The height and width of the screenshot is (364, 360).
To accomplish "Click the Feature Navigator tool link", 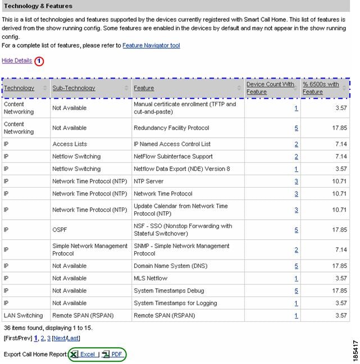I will pos(151,46).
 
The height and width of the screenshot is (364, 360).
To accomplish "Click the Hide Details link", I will pos(17,61).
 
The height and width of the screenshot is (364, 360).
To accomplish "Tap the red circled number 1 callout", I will pos(39,61).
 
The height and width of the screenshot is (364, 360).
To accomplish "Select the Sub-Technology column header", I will pos(74,88).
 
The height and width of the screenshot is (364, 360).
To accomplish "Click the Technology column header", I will pos(19,88).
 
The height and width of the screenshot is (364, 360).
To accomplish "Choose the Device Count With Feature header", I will pos(270,88).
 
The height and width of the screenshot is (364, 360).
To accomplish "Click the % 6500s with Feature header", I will pos(321,88).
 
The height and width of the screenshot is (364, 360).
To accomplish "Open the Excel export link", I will pos(87,354).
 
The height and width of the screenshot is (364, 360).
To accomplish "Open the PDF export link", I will pos(116,354).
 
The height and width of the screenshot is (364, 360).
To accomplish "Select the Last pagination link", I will pos(73,338).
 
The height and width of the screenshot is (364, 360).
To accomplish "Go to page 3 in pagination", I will pos(48,338).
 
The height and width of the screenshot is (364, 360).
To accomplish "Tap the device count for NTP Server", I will pos(296,181).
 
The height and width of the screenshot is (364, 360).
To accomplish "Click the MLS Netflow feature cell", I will pos(151,278).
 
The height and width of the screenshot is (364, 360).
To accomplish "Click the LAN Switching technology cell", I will pos(24,316).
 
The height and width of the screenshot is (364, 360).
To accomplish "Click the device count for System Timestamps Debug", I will pos(296,290).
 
